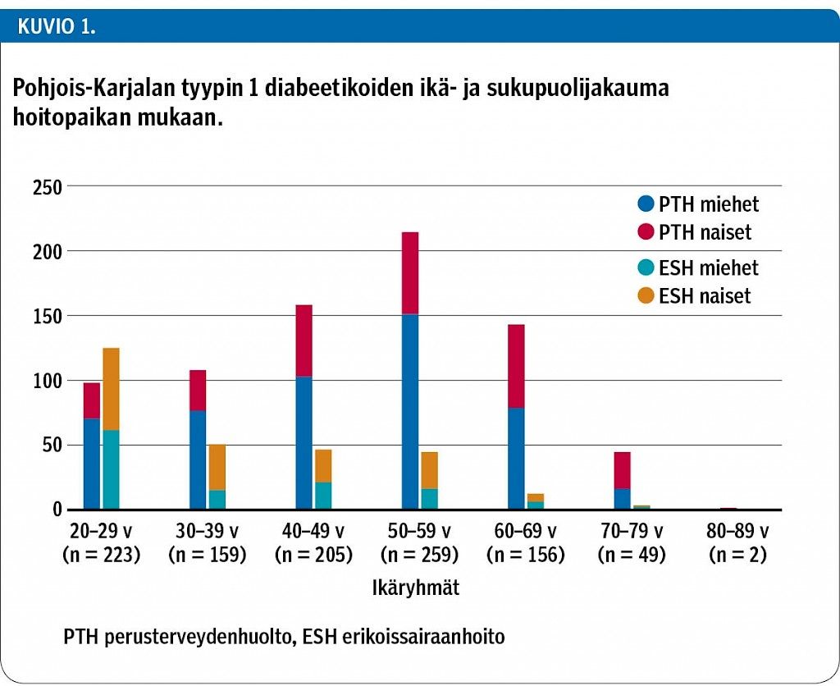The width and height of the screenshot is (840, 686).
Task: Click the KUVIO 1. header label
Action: point(56,26)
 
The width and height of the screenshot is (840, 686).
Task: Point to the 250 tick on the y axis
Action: point(48,187)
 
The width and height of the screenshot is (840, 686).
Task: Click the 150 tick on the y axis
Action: point(48,317)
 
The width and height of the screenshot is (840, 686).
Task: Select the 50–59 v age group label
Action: point(419,530)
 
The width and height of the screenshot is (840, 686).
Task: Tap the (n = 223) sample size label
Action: point(101,555)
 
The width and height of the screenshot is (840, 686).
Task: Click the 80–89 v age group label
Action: point(737,530)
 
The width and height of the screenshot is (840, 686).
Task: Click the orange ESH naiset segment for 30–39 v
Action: point(217,468)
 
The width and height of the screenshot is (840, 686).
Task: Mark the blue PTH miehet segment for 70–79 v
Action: point(622,499)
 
